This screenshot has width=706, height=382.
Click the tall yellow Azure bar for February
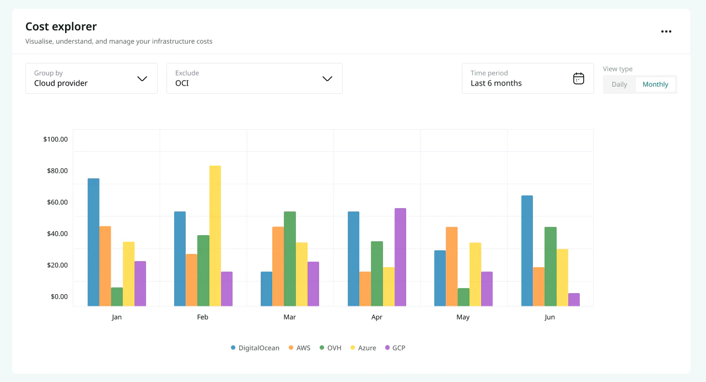pos(215,236)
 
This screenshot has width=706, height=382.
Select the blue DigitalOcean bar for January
pos(93,242)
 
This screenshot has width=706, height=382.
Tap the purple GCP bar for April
pos(400,257)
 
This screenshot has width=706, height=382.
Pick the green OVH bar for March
pos(290,258)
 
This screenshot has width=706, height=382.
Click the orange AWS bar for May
pos(451,267)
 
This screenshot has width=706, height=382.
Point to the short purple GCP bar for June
pos(574,300)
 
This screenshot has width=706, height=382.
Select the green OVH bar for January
pos(117,297)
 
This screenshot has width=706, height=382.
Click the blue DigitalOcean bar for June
pos(527,251)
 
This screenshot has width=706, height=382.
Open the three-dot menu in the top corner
pos(666,31)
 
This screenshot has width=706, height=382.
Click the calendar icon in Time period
pos(578,78)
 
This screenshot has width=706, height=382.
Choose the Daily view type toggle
pos(619,84)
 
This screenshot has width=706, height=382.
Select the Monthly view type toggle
pos(655,84)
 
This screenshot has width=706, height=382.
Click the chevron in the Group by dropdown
pos(142,78)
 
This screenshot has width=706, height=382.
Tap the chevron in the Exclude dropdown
pos(327,78)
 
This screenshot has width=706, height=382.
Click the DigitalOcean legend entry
pos(255,348)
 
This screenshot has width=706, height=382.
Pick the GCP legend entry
pos(395,348)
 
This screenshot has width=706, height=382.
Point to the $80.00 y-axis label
pos(57,171)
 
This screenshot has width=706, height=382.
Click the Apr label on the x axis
pos(376,317)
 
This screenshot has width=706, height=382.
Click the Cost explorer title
pos(61,26)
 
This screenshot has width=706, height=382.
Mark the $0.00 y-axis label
pos(60,296)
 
